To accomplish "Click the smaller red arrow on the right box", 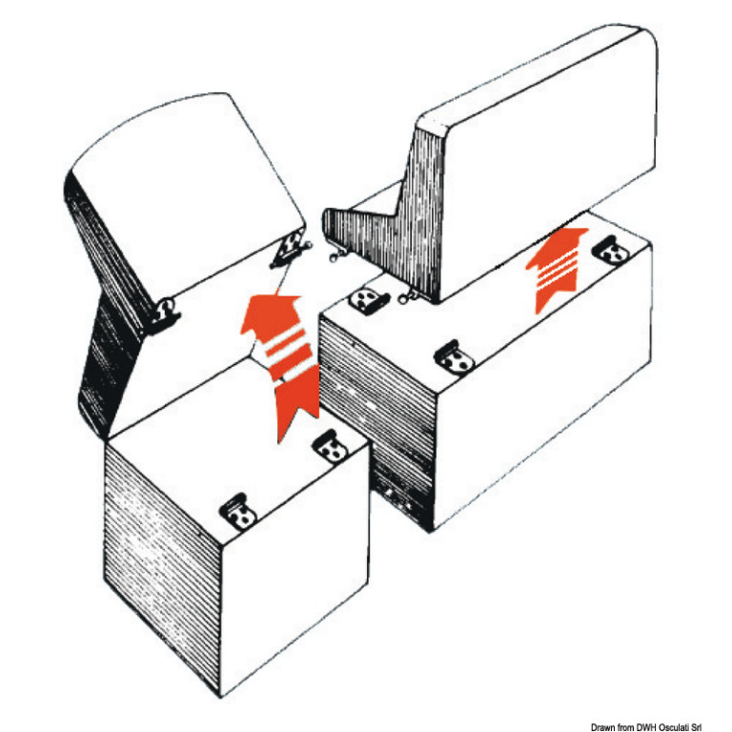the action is [556, 269].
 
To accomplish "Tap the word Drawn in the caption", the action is [601, 727].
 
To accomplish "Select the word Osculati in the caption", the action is [674, 727].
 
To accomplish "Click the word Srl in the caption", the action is [696, 727].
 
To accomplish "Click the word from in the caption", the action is [624, 727].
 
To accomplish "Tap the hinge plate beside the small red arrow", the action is [611, 251].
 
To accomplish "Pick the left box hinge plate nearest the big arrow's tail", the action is [331, 447].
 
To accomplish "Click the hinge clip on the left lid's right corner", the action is [290, 250].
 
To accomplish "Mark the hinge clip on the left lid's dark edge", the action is [164, 314].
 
